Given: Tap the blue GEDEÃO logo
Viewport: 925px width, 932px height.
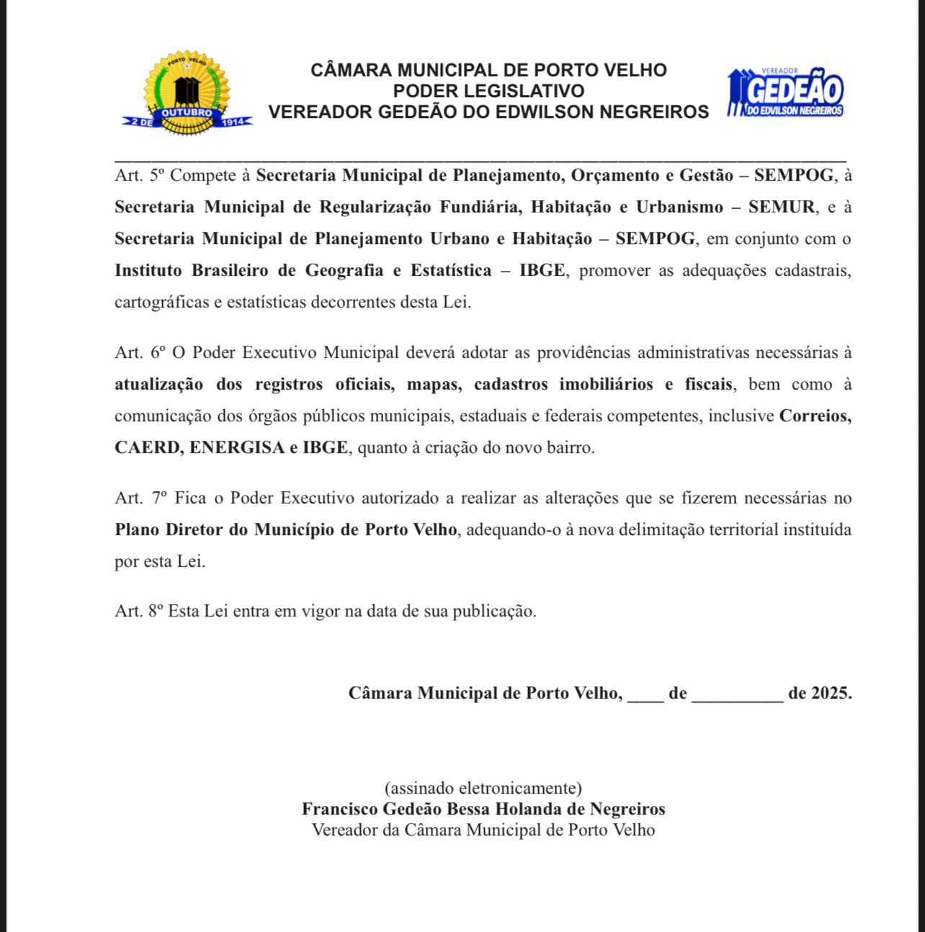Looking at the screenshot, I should point(785,92).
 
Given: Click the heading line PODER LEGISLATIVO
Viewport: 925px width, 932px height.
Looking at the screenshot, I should point(488,91).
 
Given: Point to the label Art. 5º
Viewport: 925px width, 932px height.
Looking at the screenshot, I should point(140,176).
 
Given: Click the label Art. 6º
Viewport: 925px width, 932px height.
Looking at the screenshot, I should point(140,353).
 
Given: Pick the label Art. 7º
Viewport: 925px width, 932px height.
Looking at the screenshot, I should point(140,498).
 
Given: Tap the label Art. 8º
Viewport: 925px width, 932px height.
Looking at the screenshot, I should point(139,611).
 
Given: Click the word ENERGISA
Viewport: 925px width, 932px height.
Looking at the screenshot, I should point(237,447).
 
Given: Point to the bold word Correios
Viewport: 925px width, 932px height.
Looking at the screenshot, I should point(815,416).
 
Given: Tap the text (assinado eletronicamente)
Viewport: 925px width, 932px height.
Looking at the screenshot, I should point(483,788).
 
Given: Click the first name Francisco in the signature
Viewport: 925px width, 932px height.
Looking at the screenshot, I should point(336,809).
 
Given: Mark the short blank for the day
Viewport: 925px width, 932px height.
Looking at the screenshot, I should point(645,695).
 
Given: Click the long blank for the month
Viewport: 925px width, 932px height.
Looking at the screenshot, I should point(737,695).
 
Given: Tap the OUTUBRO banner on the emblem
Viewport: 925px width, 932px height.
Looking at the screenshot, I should point(187,113).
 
